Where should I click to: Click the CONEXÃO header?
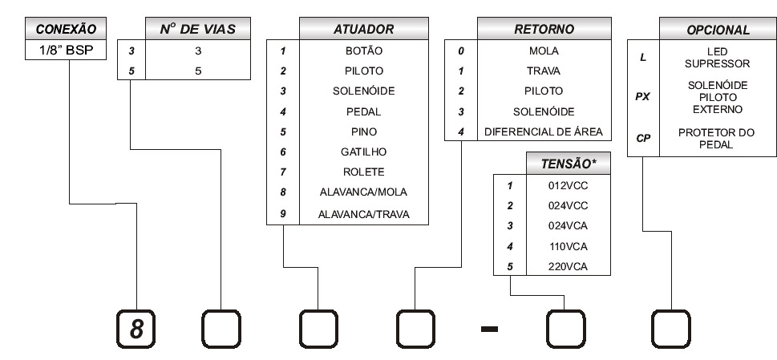point(66,29)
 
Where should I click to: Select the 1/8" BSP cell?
point(66,50)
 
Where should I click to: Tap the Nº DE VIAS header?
point(198,29)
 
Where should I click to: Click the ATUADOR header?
point(364,29)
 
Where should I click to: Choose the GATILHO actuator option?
point(363,152)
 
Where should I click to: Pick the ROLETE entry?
point(364,172)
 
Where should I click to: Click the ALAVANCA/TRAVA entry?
point(364,214)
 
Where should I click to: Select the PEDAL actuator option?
point(364,112)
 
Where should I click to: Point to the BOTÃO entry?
point(364,51)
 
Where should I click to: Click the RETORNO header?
point(544,29)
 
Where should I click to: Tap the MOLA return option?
point(544,51)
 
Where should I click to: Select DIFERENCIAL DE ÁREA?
point(544,131)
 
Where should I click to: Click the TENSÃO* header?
point(569,164)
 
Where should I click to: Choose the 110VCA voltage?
point(568,247)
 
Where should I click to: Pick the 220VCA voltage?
point(568,267)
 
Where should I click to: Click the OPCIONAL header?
point(718,29)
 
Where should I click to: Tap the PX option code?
point(643,97)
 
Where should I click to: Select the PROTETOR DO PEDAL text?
point(716,139)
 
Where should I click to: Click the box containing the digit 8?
point(136,329)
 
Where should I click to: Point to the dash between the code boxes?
point(489,329)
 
